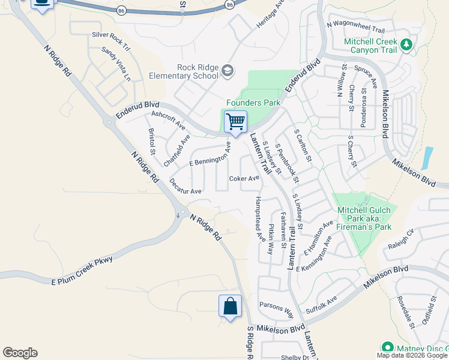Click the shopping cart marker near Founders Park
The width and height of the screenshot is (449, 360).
click(235, 122)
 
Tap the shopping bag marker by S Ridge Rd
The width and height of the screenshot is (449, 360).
click(230, 307)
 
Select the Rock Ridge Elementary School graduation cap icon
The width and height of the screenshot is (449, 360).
click(227, 71)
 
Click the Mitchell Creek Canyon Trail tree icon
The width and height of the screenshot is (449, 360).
click(407, 44)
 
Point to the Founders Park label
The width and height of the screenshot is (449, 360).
click(253, 103)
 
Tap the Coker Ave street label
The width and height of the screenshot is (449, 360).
click(244, 178)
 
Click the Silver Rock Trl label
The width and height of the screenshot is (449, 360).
click(110, 35)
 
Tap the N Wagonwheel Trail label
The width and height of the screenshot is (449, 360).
click(355, 27)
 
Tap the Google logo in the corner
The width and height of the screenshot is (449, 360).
click(20, 353)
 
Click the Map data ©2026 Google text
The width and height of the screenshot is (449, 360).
click(412, 355)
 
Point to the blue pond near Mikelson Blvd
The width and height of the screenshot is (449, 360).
click(427, 158)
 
